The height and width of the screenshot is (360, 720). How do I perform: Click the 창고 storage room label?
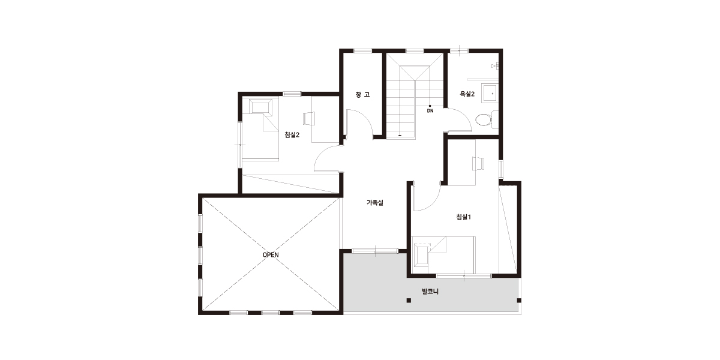click(362, 95)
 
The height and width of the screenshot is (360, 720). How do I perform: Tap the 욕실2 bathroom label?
click(467, 94)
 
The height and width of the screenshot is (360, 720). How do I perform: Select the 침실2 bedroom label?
click(292, 134)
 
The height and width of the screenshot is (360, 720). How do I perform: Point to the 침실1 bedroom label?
click(463, 217)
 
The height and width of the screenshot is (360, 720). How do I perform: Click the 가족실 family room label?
click(375, 203)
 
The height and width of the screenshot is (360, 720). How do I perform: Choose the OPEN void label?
click(271, 255)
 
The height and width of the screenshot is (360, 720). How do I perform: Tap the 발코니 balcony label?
click(430, 292)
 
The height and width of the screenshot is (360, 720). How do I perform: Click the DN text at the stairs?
click(430, 111)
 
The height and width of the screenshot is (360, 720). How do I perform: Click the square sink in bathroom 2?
click(490, 93)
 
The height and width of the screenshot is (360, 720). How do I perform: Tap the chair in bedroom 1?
click(478, 163)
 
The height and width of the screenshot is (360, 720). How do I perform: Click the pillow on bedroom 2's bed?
click(260, 106)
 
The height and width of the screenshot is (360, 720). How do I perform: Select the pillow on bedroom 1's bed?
click(422, 255)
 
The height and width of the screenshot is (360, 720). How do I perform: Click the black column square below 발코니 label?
click(409, 301)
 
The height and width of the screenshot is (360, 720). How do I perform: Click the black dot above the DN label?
click(430, 106)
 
